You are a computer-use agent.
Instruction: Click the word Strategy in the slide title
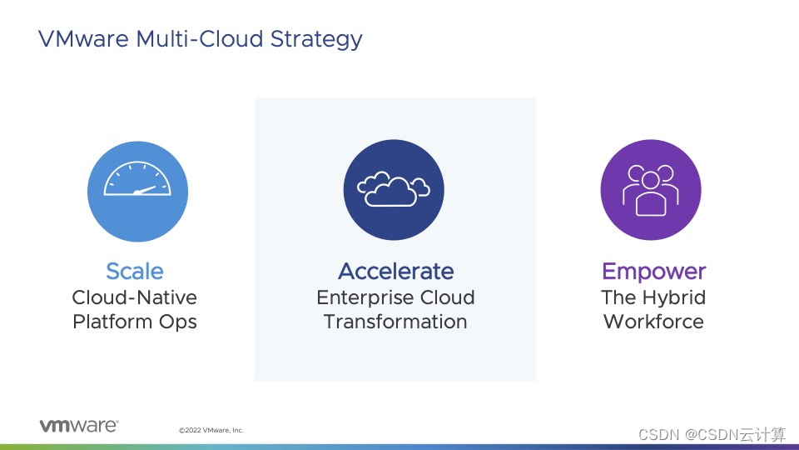[x=316, y=39]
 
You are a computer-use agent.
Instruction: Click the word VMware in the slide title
[x=83, y=39]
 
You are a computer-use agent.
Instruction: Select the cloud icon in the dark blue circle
[x=394, y=189]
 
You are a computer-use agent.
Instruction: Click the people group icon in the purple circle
[x=650, y=190]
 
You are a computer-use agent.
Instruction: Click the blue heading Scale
[x=135, y=271]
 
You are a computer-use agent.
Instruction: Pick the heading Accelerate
[x=395, y=271]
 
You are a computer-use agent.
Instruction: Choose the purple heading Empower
[x=654, y=272]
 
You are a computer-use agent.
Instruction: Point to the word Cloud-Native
[x=135, y=297]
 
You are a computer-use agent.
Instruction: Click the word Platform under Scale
[x=112, y=322]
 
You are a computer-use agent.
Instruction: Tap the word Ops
[x=178, y=322]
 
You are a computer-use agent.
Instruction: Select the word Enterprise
[x=361, y=298]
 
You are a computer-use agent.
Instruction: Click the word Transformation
[x=395, y=322]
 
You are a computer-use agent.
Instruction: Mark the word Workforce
[x=654, y=322]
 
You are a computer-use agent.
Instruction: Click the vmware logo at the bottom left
[x=79, y=426]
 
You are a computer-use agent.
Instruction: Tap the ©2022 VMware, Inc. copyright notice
[x=211, y=430]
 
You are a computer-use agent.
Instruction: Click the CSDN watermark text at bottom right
[x=712, y=434]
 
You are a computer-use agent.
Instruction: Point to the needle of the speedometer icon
[x=145, y=190]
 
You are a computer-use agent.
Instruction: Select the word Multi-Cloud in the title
[x=200, y=39]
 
